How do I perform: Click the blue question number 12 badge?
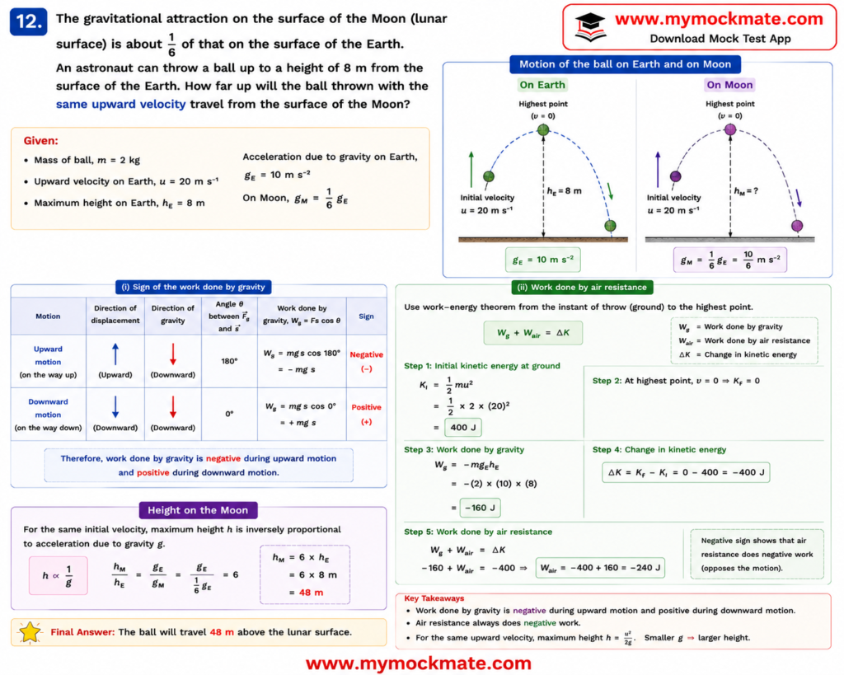29,21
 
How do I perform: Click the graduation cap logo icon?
590,27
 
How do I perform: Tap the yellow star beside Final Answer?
30,632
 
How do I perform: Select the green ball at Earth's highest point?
543,129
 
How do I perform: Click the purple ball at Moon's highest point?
730,129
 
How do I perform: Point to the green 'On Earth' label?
542,85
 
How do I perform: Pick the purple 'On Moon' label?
729,85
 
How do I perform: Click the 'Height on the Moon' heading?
198,509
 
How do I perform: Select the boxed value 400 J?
463,428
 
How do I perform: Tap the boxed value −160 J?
481,508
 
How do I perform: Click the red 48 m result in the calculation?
311,592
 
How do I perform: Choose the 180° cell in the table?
229,361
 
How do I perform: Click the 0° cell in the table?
229,414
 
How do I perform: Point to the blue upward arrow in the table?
115,354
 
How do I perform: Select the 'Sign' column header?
366,316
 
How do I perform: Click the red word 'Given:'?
41,140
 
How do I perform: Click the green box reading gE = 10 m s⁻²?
542,260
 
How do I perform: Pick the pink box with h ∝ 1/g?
59,575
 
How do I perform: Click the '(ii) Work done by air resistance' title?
582,287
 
